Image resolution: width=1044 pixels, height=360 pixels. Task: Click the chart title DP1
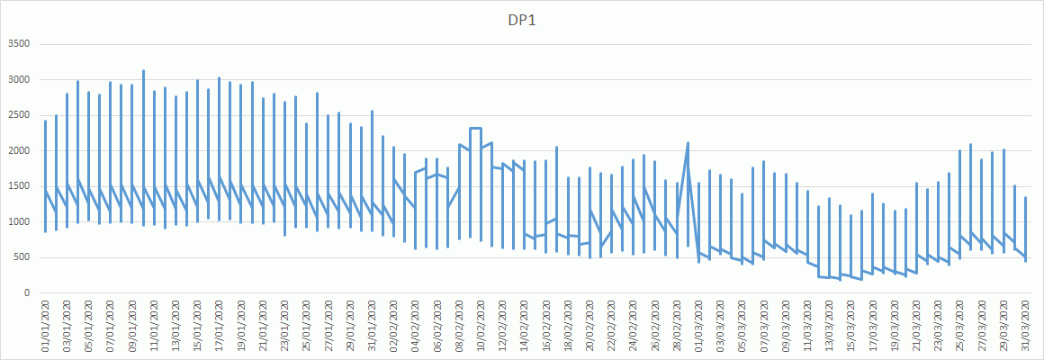click(522, 20)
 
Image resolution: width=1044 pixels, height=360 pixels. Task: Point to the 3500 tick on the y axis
click(19, 44)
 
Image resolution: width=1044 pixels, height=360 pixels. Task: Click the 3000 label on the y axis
click(19, 80)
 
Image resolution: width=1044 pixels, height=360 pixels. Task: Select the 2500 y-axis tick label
click(19, 115)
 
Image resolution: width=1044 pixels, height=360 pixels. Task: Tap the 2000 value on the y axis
click(19, 151)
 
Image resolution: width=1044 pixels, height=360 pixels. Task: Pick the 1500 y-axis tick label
click(19, 186)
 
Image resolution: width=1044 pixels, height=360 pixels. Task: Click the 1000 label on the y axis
click(19, 222)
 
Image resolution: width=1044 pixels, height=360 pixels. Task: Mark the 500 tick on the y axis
click(22, 257)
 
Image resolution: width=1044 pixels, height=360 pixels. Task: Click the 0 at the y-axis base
click(27, 293)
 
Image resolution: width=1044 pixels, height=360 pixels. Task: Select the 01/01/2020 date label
click(45, 325)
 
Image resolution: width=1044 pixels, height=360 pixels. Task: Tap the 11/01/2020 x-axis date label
click(154, 325)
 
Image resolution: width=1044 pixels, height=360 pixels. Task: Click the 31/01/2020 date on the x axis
click(372, 325)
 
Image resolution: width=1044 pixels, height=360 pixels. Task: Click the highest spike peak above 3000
click(143, 71)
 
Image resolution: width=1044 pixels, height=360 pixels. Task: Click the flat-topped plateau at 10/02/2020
click(475, 129)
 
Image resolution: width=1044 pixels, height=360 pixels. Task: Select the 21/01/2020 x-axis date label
click(263, 325)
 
